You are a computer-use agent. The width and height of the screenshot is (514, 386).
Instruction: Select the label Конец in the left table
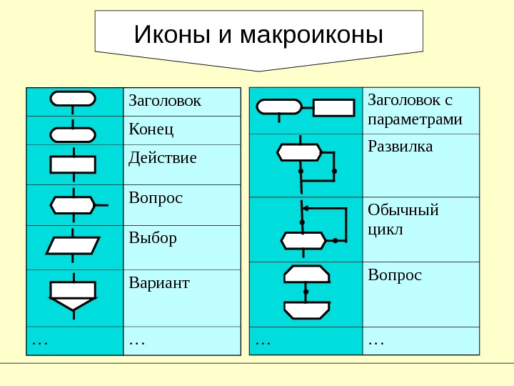click(x=151, y=129)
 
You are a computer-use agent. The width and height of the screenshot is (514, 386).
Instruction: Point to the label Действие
click(x=162, y=157)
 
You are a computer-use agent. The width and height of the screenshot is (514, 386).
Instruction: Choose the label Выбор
click(x=152, y=237)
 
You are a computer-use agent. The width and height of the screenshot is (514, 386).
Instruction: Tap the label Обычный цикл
click(x=403, y=219)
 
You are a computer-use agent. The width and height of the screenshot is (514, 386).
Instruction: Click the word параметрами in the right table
click(x=415, y=119)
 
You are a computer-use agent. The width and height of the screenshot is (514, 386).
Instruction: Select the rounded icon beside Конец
click(x=73, y=134)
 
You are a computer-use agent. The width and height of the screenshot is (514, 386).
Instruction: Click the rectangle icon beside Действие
click(x=73, y=164)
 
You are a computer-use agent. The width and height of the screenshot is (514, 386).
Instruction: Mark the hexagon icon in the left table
click(x=72, y=205)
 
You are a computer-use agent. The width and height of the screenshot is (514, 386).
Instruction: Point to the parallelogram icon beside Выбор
click(x=73, y=246)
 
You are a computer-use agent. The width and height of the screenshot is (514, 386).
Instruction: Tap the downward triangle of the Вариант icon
click(x=73, y=303)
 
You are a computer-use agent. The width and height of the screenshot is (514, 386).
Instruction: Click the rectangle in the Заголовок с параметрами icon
click(x=333, y=107)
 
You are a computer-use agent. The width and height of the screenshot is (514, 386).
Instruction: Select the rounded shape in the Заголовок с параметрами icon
click(x=279, y=107)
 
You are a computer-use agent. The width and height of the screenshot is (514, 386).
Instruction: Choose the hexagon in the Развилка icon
click(x=300, y=152)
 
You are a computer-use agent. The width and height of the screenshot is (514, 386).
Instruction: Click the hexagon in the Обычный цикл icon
click(x=304, y=240)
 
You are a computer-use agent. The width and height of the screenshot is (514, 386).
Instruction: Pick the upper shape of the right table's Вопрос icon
click(x=306, y=274)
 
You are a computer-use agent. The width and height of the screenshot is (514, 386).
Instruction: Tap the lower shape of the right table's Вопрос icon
click(x=306, y=310)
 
